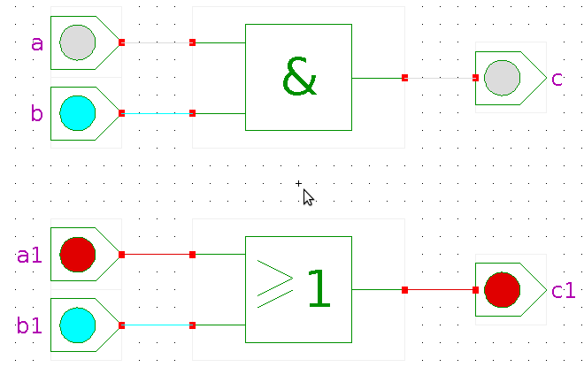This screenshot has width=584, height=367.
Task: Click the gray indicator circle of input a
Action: pos(77,42)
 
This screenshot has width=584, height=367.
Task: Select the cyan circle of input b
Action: pos(77,113)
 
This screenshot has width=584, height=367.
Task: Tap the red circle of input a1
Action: pos(77,255)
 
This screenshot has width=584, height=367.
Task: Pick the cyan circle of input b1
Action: pos(77,325)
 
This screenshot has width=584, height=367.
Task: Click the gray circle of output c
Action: pos(502,78)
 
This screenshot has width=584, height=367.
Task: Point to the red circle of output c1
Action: pos(502,290)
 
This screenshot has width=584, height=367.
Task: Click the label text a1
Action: pos(29,256)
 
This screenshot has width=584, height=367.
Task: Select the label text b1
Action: pos(29,327)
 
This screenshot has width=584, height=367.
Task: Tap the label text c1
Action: pos(563,291)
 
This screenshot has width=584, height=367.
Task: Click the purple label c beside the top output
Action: pos(557,80)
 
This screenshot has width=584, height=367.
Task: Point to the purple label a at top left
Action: pos(36,43)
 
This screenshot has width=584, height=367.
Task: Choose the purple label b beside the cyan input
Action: pos(36,113)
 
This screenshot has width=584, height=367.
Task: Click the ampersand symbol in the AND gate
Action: pos(299,78)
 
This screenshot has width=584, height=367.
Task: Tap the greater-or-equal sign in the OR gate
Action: pos(274,283)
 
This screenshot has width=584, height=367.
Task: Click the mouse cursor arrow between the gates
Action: pos(307,196)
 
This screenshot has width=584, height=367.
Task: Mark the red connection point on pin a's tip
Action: pos(121,42)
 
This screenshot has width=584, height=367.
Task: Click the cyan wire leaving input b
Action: pos(157,113)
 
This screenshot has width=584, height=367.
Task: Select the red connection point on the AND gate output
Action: pos(404,78)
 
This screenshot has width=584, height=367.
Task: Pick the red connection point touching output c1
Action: pos(475,290)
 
